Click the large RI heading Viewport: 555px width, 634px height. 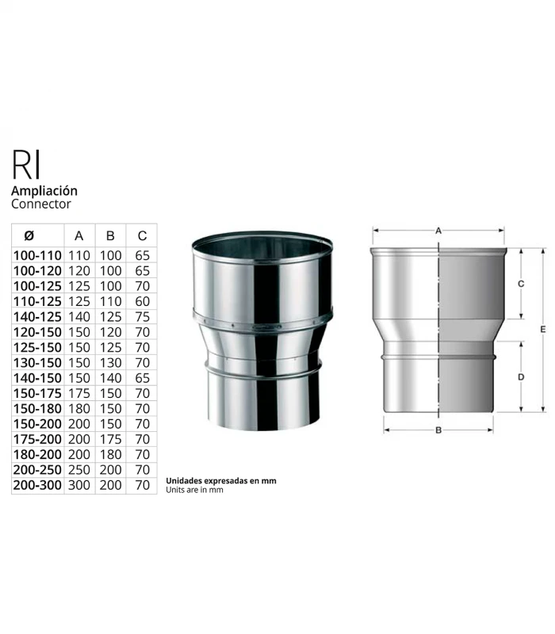(27, 164)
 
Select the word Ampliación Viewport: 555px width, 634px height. (44, 191)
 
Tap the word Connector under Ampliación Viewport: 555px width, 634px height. (41, 204)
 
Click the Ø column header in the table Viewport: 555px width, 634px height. (29, 235)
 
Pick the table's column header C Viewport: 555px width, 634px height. (142, 235)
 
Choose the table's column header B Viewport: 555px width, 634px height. (110, 235)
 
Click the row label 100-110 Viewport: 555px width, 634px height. (37, 256)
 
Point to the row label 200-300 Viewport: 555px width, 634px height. (37, 485)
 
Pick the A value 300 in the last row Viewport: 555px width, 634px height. (78, 485)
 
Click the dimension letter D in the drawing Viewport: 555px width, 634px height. (520, 377)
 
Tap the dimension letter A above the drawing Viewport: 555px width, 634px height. (438, 230)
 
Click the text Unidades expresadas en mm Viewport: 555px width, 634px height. (220, 480)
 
